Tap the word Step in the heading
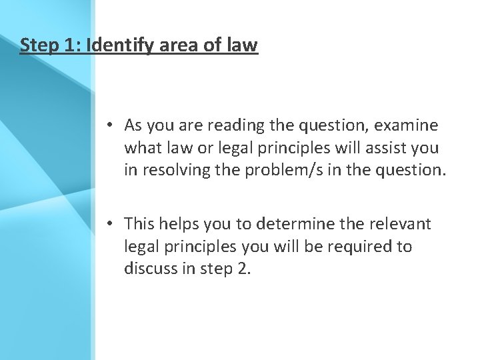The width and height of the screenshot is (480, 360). click(x=37, y=45)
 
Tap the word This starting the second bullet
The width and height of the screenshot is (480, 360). click(x=139, y=224)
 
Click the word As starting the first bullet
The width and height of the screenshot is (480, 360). click(x=133, y=125)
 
